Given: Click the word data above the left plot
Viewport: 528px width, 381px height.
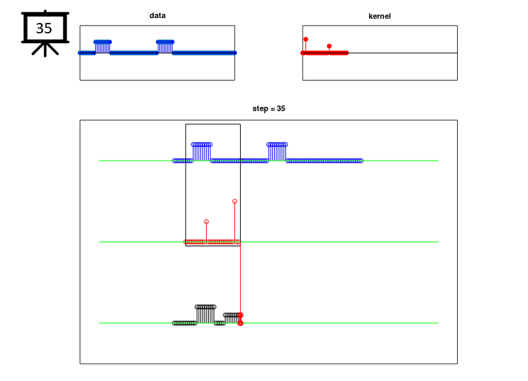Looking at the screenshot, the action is click(x=157, y=15).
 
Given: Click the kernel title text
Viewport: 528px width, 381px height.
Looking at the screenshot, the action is click(x=380, y=16).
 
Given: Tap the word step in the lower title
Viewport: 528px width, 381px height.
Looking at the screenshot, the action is click(x=260, y=108).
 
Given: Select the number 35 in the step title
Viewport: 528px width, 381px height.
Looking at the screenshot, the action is click(x=281, y=108).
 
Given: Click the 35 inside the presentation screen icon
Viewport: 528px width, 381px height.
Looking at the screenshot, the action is click(x=44, y=29).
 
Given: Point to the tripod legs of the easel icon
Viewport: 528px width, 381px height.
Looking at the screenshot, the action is click(x=45, y=49).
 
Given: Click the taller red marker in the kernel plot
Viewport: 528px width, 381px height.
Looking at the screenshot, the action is click(x=306, y=40).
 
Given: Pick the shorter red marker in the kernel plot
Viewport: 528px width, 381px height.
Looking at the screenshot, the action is click(x=329, y=46).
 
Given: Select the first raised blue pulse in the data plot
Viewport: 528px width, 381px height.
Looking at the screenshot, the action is click(x=103, y=47).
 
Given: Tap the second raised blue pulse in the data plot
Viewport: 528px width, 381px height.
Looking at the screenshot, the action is click(x=165, y=47).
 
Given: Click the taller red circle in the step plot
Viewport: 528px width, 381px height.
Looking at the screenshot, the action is click(x=234, y=201).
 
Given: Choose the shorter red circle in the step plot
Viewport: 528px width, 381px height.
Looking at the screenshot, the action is click(x=207, y=222).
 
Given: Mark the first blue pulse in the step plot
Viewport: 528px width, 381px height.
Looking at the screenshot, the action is click(x=202, y=152).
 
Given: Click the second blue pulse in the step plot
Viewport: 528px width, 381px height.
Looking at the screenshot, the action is click(x=277, y=152).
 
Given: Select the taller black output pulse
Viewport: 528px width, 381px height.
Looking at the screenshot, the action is click(x=205, y=314).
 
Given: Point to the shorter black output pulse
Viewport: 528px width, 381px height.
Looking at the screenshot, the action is click(x=232, y=318).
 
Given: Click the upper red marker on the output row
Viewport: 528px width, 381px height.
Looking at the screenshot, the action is click(x=241, y=315).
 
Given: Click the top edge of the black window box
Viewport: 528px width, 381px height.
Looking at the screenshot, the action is click(x=213, y=124).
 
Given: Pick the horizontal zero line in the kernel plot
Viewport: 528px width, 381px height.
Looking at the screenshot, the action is click(x=380, y=53).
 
